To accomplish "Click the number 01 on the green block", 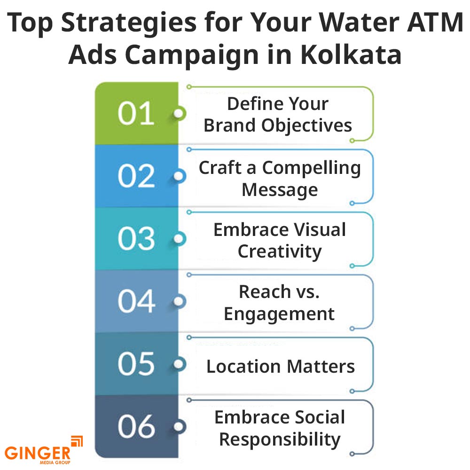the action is point(136,113).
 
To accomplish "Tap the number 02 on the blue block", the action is point(136,176).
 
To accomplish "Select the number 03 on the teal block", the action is point(136,239).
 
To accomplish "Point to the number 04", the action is point(136,301).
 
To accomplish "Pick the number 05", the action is point(136,364).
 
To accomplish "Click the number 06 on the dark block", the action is point(136,427).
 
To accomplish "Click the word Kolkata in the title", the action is point(351,55).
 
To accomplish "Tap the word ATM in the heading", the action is point(434,22).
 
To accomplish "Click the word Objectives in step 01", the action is point(306,126).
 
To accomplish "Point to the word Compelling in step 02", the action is point(312,168).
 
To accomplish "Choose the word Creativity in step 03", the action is point(280,252).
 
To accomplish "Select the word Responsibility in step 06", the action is point(280,440).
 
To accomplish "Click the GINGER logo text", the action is point(38,453).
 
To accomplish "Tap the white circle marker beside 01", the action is point(179,114).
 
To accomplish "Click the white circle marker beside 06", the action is point(179,427).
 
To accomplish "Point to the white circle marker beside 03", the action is point(179,239).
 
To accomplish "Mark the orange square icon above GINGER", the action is point(77,441).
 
